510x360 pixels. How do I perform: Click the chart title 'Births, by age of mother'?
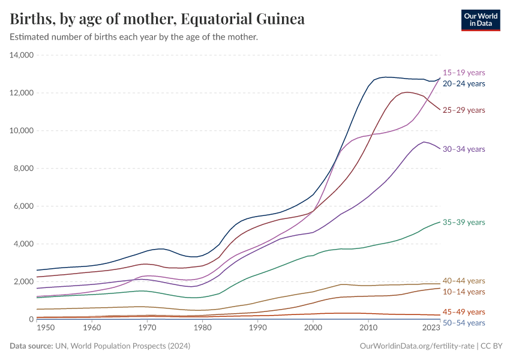157,19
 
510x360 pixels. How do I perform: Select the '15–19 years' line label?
463,72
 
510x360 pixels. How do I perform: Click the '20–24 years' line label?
463,84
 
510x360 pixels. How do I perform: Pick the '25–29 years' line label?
463,110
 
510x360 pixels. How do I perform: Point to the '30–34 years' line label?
463,149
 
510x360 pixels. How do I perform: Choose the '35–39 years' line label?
463,222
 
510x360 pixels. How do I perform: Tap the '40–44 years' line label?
463,281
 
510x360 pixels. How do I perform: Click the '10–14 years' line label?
463,292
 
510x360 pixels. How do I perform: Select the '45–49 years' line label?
463,312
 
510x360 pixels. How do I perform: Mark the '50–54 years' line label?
463,323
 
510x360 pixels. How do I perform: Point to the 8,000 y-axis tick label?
23,169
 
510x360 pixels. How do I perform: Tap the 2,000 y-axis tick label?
23,281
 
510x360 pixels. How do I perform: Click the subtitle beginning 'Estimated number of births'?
134,37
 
